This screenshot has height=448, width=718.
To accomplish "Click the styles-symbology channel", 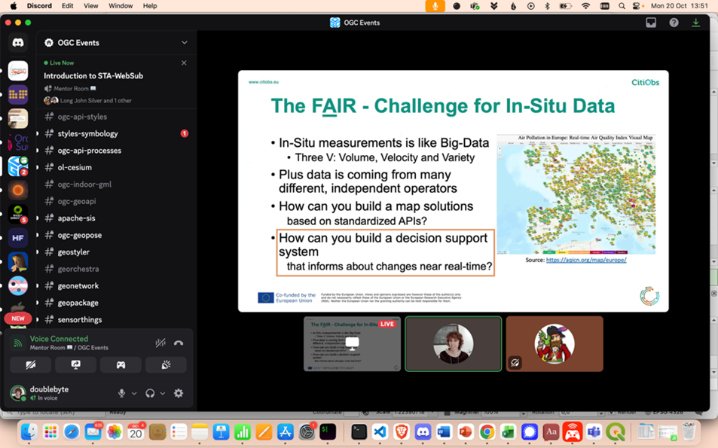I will (87, 134).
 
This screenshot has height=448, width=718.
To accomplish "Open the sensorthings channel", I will (79, 320).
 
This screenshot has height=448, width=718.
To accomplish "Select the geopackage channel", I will (78, 303).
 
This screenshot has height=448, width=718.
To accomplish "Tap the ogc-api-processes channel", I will (89, 151).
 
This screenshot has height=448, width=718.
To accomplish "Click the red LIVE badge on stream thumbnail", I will (387, 324).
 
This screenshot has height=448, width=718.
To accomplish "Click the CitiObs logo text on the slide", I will (645, 82).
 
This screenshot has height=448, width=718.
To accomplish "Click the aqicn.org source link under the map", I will (586, 260).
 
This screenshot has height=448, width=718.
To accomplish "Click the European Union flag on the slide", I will (265, 297).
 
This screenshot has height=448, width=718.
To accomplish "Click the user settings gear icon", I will (179, 393).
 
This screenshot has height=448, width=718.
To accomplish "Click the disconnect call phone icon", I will (179, 343).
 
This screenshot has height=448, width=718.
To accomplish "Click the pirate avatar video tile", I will (555, 343).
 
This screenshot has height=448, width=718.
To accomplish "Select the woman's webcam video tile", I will (453, 343).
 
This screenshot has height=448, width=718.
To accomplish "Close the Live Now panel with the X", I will (184, 63).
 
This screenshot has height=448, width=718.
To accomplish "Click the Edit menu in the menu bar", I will (68, 6).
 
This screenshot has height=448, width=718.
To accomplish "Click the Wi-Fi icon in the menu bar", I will (585, 6).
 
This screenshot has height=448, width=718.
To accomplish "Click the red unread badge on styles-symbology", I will (184, 134).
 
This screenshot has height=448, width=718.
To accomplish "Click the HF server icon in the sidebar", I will (18, 238).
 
